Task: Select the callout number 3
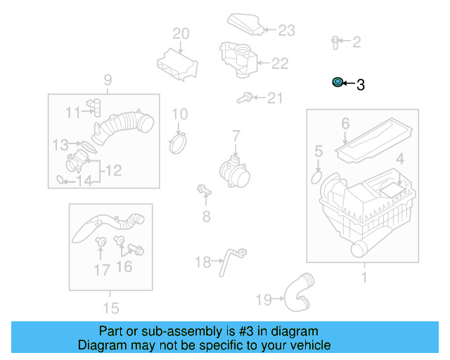(x=361, y=85)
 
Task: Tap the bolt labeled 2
(x=335, y=42)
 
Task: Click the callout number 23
(x=287, y=30)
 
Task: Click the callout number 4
(x=399, y=160)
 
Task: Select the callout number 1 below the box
(x=363, y=278)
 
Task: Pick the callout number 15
(x=110, y=308)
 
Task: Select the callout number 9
(x=108, y=79)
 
